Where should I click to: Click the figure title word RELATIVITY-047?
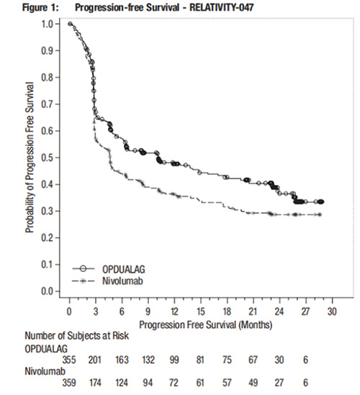(x=221, y=7)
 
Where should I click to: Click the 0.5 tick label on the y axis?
(x=47, y=158)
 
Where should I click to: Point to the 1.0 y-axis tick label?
(x=47, y=24)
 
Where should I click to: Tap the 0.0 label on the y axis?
(x=47, y=291)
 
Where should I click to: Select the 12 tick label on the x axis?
(x=174, y=312)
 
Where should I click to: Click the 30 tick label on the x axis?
(x=332, y=312)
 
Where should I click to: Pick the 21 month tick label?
(x=253, y=312)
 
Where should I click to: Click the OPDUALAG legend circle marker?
(x=83, y=269)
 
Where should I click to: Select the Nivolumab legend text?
(x=122, y=281)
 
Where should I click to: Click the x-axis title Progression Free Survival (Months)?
(x=206, y=324)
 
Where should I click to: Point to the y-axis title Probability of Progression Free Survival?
(x=30, y=158)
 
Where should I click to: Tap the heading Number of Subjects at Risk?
(x=76, y=336)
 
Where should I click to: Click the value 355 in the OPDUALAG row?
(x=69, y=360)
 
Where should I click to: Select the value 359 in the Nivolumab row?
(x=69, y=383)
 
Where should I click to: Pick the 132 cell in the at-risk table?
(x=148, y=360)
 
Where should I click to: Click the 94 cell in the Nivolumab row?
(x=148, y=383)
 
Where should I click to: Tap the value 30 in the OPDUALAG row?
(x=279, y=360)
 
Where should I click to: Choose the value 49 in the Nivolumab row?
(x=253, y=383)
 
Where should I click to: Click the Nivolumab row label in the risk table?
(x=45, y=371)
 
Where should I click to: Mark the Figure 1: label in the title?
(x=40, y=8)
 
